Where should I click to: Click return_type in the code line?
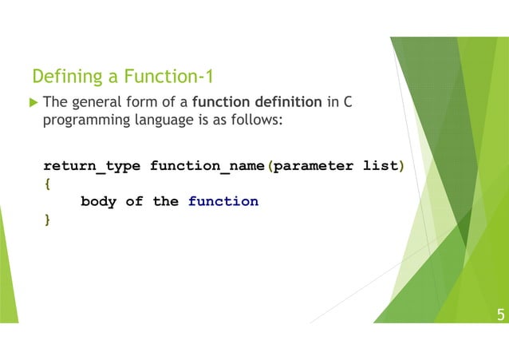click(92, 166)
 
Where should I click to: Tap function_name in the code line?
click(207, 166)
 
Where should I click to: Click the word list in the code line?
click(379, 166)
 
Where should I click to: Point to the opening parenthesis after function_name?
click(270, 166)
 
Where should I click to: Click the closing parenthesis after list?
click(400, 166)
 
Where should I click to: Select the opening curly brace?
click(47, 184)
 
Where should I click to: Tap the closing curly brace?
click(47, 219)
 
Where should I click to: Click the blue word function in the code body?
click(223, 201)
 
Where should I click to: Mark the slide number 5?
click(500, 315)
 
